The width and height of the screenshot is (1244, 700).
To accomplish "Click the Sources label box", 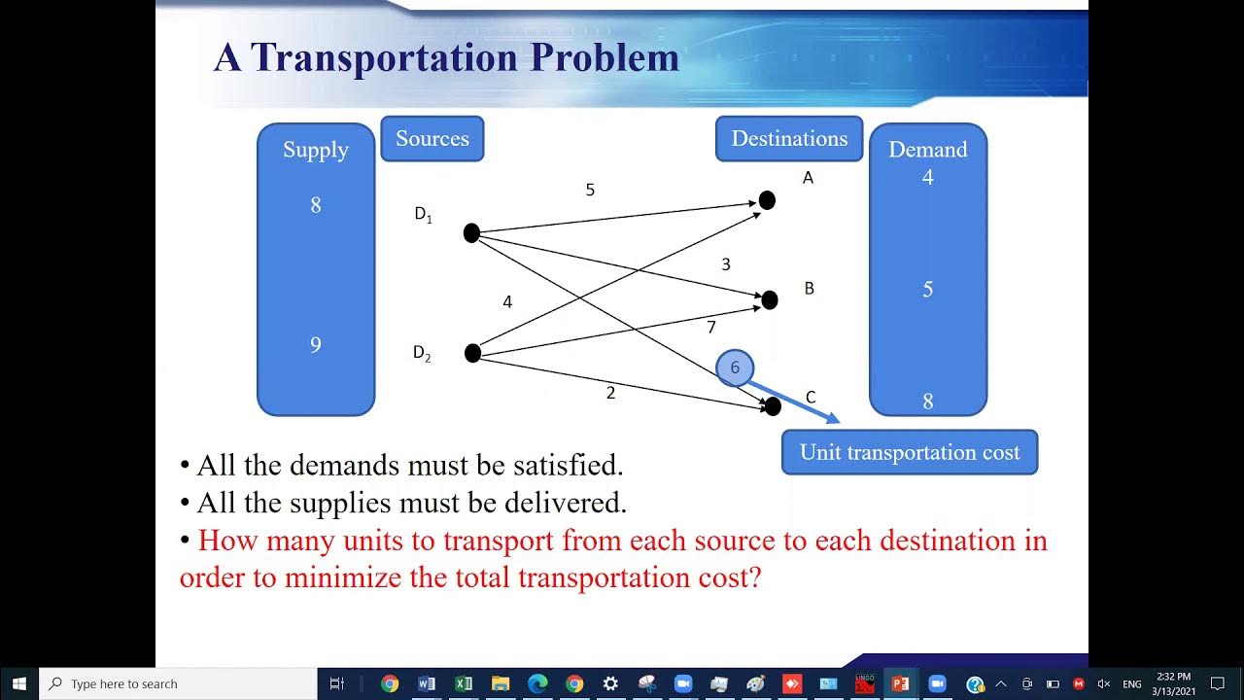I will (x=432, y=139).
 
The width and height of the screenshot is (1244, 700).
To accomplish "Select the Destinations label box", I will (x=789, y=139).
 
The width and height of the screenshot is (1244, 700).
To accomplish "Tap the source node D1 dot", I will (x=471, y=233).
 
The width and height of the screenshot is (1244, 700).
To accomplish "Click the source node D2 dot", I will (x=472, y=353).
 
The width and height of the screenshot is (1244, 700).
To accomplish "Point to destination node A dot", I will (x=767, y=200).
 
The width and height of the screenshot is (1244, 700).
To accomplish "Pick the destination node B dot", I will (x=770, y=300).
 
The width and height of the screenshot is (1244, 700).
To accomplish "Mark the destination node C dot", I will (x=773, y=406).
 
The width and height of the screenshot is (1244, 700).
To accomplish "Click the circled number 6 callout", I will (x=735, y=367).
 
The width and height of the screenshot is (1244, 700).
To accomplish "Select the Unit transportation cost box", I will (x=910, y=452).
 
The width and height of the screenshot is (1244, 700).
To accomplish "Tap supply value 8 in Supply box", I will (x=315, y=205).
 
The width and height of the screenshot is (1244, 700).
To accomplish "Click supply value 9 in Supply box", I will (x=315, y=345).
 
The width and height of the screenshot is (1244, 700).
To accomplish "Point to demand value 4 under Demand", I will (x=927, y=178).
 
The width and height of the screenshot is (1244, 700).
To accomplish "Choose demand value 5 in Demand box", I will (x=927, y=290).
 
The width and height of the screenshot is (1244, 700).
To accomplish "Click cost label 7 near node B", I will (x=711, y=328).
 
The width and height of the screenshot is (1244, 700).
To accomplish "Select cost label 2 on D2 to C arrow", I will (x=610, y=393).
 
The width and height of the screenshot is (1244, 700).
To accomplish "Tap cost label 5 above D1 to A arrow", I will (x=590, y=190).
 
